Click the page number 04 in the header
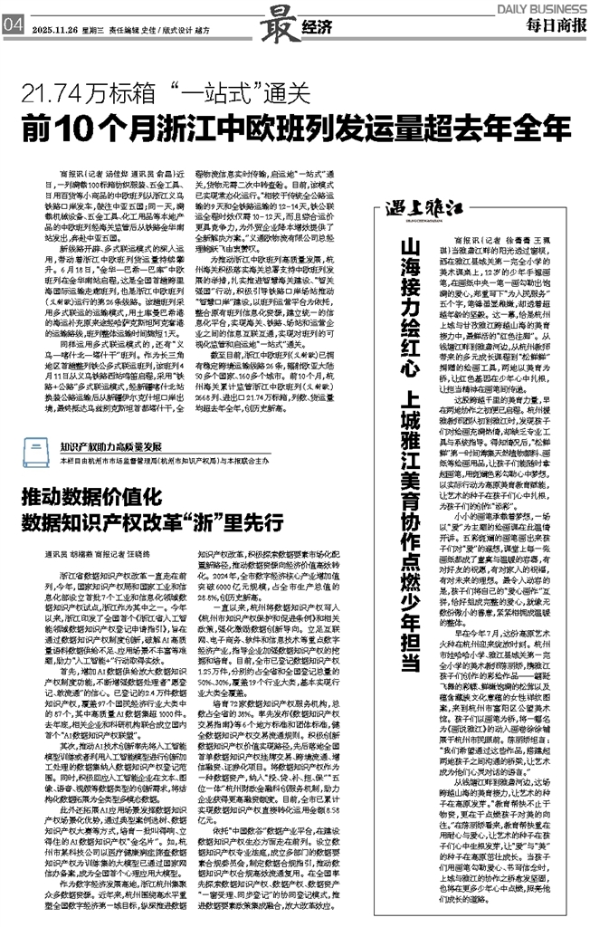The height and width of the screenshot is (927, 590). [x=12, y=24]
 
